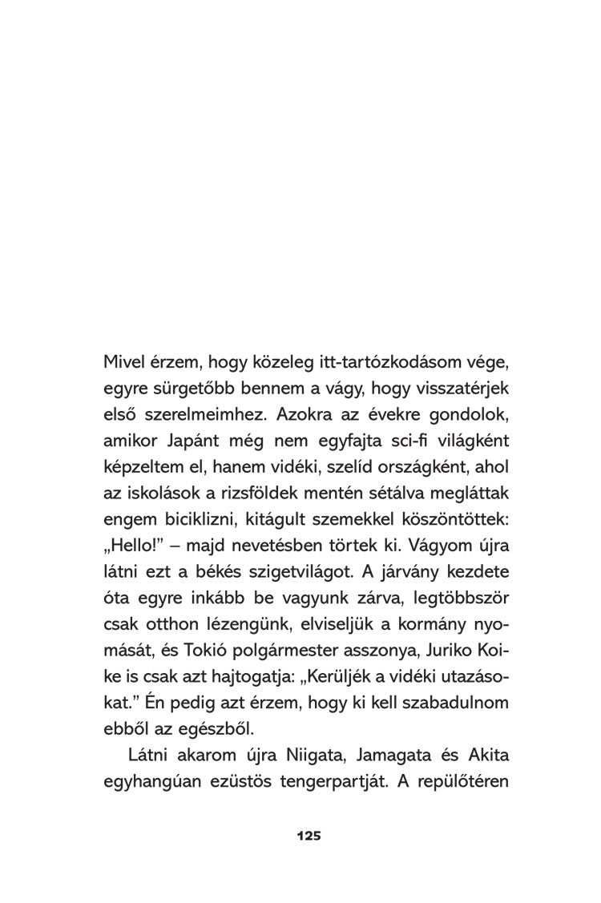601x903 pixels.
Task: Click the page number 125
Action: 309,835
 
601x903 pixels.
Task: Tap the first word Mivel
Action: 123,362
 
